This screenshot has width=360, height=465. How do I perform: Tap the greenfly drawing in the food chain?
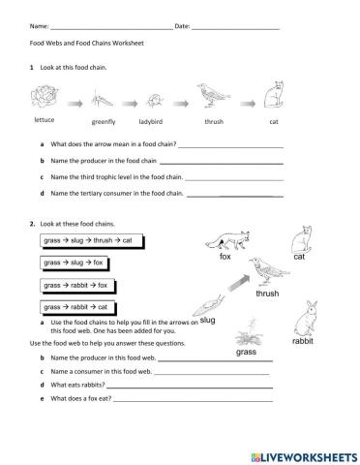coord(103,100)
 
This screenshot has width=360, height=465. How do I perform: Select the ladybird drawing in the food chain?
coord(154,100)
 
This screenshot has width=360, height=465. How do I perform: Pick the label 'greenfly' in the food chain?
coord(104,124)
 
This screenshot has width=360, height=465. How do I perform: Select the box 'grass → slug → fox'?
coord(74,263)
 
